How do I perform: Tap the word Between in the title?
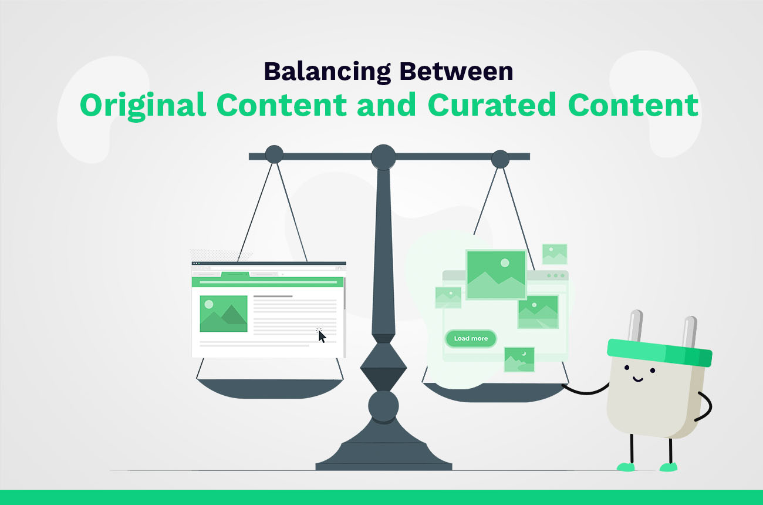(456, 71)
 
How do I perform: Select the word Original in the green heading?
(143, 105)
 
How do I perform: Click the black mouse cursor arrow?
(322, 336)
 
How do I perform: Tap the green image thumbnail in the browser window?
(224, 314)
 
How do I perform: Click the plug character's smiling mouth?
(636, 379)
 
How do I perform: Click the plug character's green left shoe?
(625, 467)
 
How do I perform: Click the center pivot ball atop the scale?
(383, 157)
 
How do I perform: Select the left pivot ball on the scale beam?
(274, 154)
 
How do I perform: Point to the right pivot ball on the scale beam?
(500, 159)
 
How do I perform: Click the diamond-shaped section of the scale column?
(383, 368)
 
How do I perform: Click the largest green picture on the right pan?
(496, 274)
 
